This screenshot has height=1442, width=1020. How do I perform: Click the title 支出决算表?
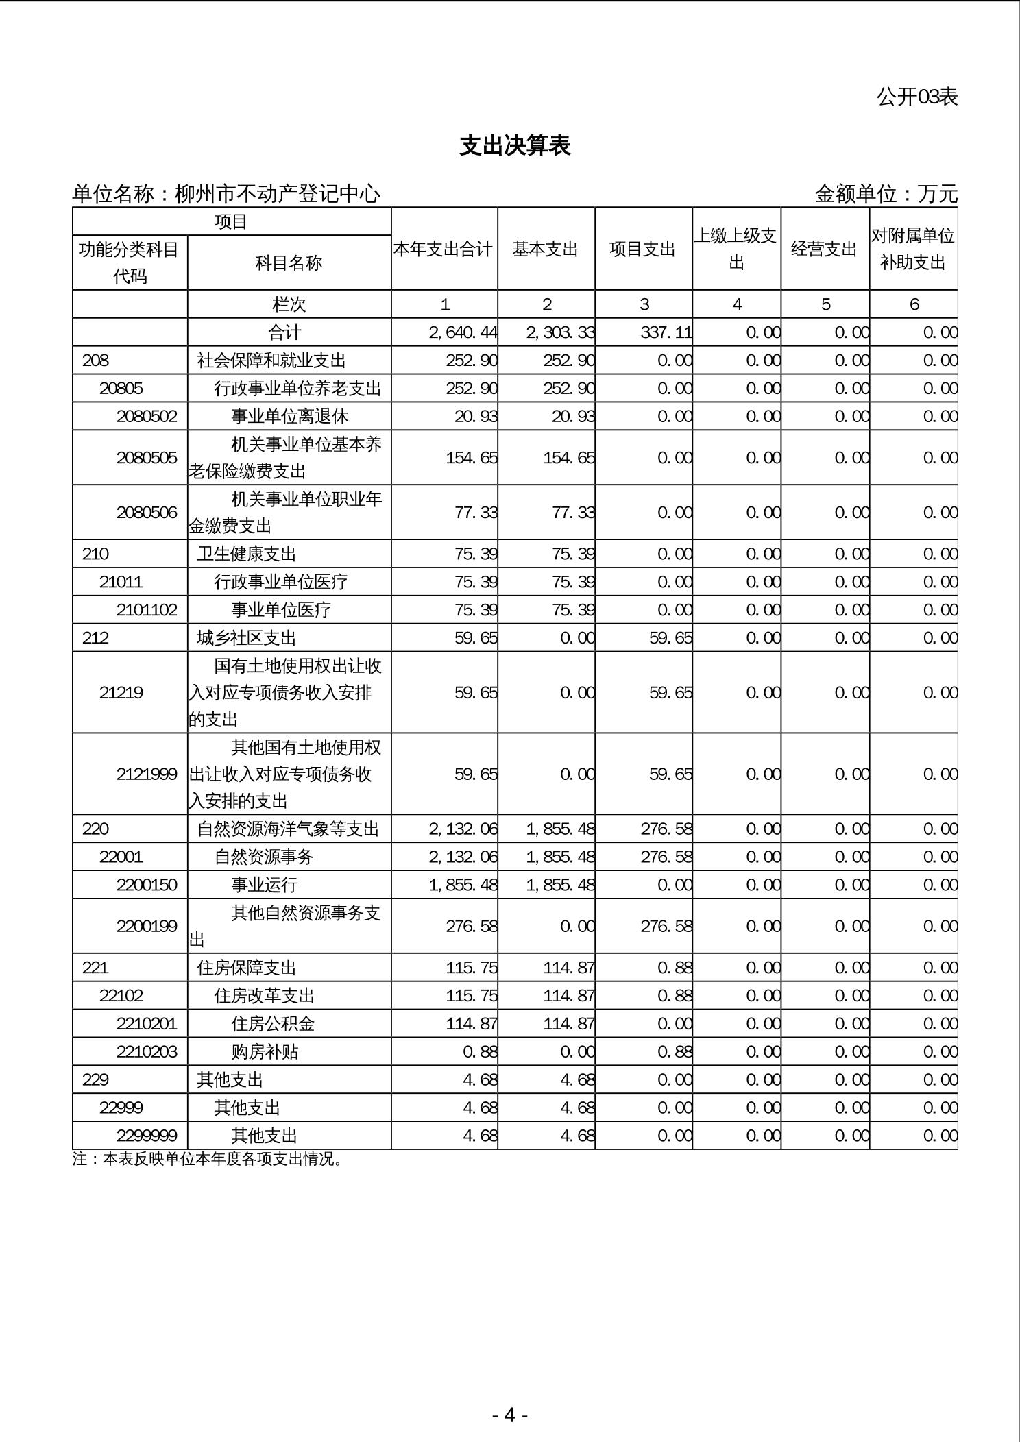[x=515, y=145]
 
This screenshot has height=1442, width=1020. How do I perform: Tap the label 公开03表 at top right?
[x=916, y=97]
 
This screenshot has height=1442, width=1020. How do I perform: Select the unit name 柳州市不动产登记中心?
[x=277, y=195]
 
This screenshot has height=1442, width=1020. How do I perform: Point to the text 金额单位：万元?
[x=886, y=195]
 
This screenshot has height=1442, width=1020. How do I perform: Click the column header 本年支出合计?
[x=444, y=249]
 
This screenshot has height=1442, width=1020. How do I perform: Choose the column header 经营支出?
[x=824, y=249]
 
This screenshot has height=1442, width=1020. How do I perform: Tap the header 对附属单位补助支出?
[x=912, y=249]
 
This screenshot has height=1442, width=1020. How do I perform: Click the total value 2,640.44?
[x=463, y=332]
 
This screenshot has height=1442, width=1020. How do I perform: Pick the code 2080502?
[x=147, y=417]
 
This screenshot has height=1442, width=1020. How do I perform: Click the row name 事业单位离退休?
[x=290, y=417]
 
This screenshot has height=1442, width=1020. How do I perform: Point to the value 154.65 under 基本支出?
[x=568, y=458]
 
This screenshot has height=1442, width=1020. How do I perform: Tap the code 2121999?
[x=147, y=774]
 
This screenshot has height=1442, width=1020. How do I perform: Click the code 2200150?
[x=147, y=885]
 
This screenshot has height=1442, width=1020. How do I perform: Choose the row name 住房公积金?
[x=273, y=1024]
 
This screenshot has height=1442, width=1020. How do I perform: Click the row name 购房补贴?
[x=265, y=1052]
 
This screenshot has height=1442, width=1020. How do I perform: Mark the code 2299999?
[x=147, y=1136]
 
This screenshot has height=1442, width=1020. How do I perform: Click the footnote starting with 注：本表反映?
[x=207, y=1159]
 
